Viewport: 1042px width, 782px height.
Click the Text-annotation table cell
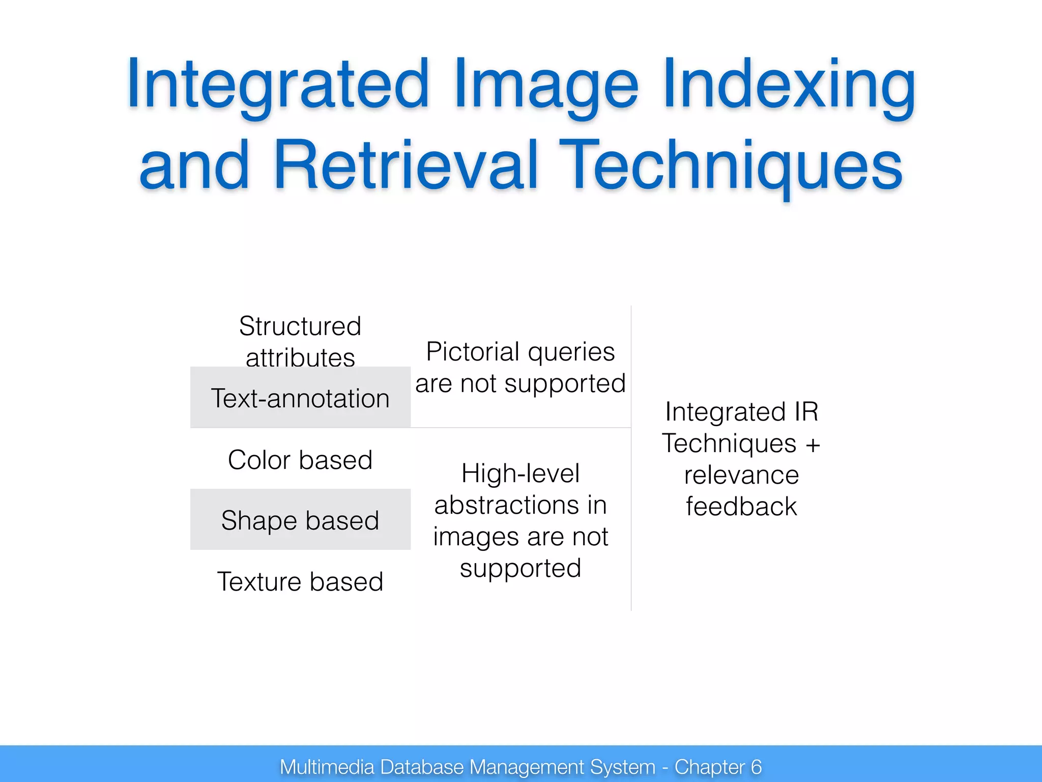pos(300,398)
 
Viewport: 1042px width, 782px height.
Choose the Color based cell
pos(300,460)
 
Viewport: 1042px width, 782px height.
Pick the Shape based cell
pos(300,520)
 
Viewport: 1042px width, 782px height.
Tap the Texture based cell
pos(300,581)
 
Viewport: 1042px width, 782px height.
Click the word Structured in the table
pos(300,326)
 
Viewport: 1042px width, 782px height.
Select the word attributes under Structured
pos(300,357)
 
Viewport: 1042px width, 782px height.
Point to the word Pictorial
pos(473,352)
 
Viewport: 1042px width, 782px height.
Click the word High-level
pos(520,473)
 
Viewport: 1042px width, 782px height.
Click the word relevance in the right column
pos(741,475)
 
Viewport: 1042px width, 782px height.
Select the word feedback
pos(741,507)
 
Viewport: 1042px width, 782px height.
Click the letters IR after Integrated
pos(806,411)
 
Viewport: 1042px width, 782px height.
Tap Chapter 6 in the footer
pos(718,767)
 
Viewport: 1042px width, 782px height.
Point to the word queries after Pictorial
pos(572,352)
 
